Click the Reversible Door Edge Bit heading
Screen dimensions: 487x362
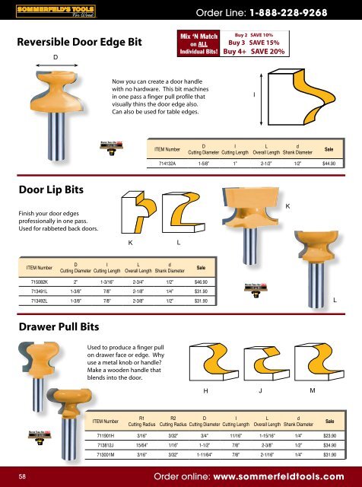coord(71,43)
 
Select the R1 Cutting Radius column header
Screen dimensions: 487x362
coord(142,420)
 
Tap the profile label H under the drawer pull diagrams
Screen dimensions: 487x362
coord(205,391)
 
